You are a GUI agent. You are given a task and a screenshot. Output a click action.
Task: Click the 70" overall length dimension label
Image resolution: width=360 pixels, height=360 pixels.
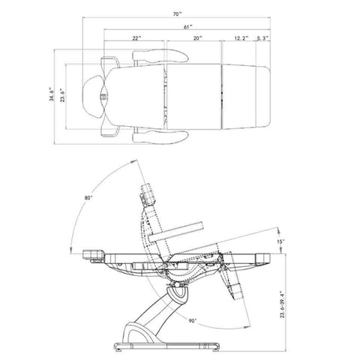click(x=177, y=14)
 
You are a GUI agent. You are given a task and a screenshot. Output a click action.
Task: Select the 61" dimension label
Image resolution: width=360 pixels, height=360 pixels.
click(x=187, y=27)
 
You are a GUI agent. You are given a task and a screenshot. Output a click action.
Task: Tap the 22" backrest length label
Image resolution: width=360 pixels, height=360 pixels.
click(x=136, y=38)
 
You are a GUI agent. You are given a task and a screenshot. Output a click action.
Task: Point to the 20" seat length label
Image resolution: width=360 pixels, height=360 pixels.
click(x=197, y=38)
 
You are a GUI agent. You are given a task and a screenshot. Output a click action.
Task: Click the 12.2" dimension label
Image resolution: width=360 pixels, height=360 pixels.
click(x=241, y=38)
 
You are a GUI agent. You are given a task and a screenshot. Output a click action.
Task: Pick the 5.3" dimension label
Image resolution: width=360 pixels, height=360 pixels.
click(x=262, y=38)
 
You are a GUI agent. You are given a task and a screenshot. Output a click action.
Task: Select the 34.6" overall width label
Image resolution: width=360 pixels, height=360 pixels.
click(x=52, y=94)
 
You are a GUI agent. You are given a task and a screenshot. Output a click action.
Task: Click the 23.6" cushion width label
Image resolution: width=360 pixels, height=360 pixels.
click(x=62, y=95)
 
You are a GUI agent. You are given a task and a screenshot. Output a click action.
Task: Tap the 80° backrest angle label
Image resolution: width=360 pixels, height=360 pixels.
click(x=88, y=197)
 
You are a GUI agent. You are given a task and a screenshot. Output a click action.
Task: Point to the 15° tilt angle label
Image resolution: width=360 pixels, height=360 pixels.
click(x=280, y=241)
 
